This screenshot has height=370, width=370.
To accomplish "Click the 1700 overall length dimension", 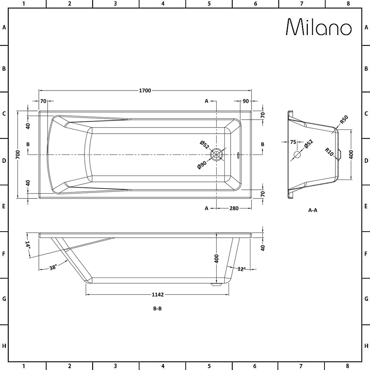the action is point(145,91).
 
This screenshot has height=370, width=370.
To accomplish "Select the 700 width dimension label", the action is point(18,154).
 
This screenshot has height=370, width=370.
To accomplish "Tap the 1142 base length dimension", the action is point(158,295).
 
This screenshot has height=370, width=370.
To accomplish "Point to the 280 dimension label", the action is point(234,208).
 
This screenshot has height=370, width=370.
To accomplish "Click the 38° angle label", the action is point(53,268).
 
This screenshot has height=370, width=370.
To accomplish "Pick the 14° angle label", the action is point(28,245).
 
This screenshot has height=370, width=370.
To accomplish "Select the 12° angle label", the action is point(242,269).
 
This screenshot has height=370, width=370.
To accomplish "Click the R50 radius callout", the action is point(344,120).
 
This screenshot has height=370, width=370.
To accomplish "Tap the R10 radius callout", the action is point(329,152).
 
